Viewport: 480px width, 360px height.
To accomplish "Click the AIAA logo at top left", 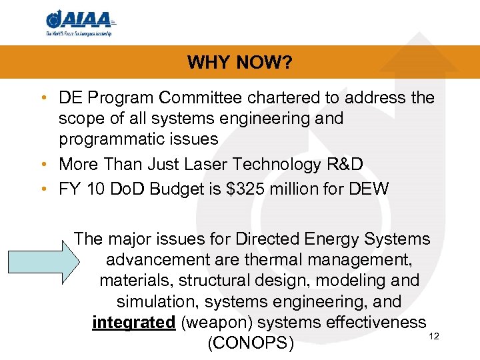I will tap(80, 23).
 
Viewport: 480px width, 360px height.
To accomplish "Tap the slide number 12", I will tap(434, 336).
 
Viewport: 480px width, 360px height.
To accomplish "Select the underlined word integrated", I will tap(133, 323).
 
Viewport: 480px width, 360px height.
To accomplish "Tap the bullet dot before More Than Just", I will tap(43, 164).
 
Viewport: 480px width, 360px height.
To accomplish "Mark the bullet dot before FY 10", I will tap(43, 189).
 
